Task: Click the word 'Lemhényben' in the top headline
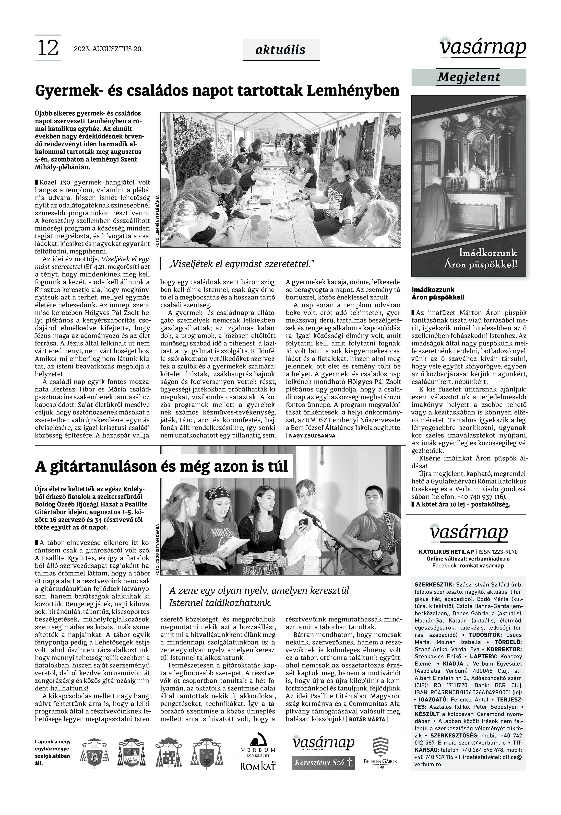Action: [353, 91]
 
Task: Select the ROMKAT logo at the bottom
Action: [258, 766]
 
